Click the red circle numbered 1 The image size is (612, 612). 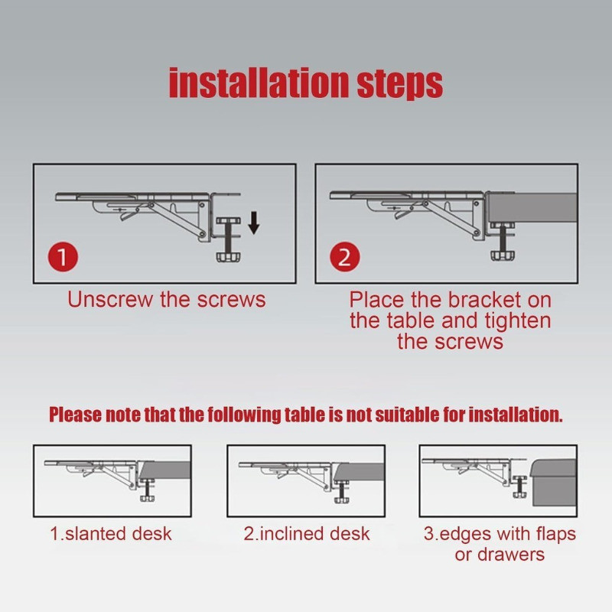coord(63,257)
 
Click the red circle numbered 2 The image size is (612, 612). coord(345,257)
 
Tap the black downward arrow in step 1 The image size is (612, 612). coord(254,223)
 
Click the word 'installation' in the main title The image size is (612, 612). coord(259,83)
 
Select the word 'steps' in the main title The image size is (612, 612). coord(400,85)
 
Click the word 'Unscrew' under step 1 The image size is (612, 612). coord(110,300)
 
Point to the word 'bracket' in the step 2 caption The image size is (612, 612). coord(484,300)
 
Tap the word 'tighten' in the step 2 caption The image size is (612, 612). coord(518,321)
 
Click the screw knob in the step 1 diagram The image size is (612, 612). coord(228,257)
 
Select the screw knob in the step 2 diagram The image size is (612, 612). coord(502,256)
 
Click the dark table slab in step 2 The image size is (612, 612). coord(532,207)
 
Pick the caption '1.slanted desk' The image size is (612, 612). coord(111,533)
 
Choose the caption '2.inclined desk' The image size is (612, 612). coord(307,533)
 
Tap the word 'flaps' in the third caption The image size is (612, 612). coord(556,534)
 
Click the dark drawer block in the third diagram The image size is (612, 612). coord(553,483)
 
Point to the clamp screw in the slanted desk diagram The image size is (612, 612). coord(148,489)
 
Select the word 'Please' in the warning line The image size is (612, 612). coord(75,415)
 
